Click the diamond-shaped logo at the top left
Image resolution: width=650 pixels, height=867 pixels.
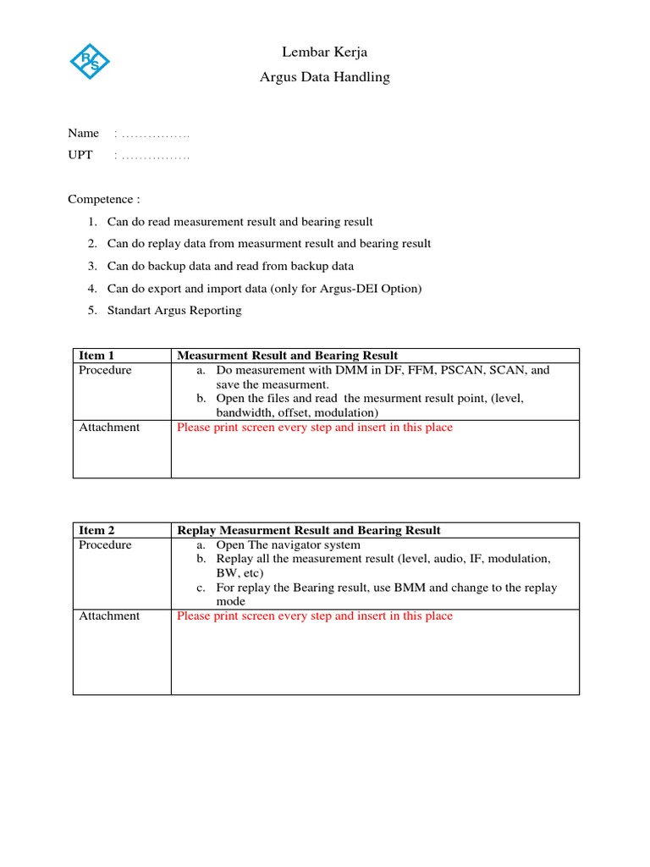(89, 61)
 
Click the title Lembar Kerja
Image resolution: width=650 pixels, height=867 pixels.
(325, 52)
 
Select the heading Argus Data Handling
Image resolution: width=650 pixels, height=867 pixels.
(325, 77)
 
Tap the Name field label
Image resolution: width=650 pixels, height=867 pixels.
(83, 133)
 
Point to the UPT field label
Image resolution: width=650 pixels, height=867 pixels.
(80, 155)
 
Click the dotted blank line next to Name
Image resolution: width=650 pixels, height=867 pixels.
(152, 134)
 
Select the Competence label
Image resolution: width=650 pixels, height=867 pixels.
(103, 199)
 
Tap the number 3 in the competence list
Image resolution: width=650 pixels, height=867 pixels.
(91, 266)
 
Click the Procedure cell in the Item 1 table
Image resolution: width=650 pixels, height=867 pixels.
(105, 370)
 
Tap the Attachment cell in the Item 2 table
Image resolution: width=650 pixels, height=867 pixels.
(109, 616)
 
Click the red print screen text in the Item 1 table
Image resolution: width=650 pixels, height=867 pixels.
(314, 428)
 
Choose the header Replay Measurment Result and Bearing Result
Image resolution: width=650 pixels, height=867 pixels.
(308, 530)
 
